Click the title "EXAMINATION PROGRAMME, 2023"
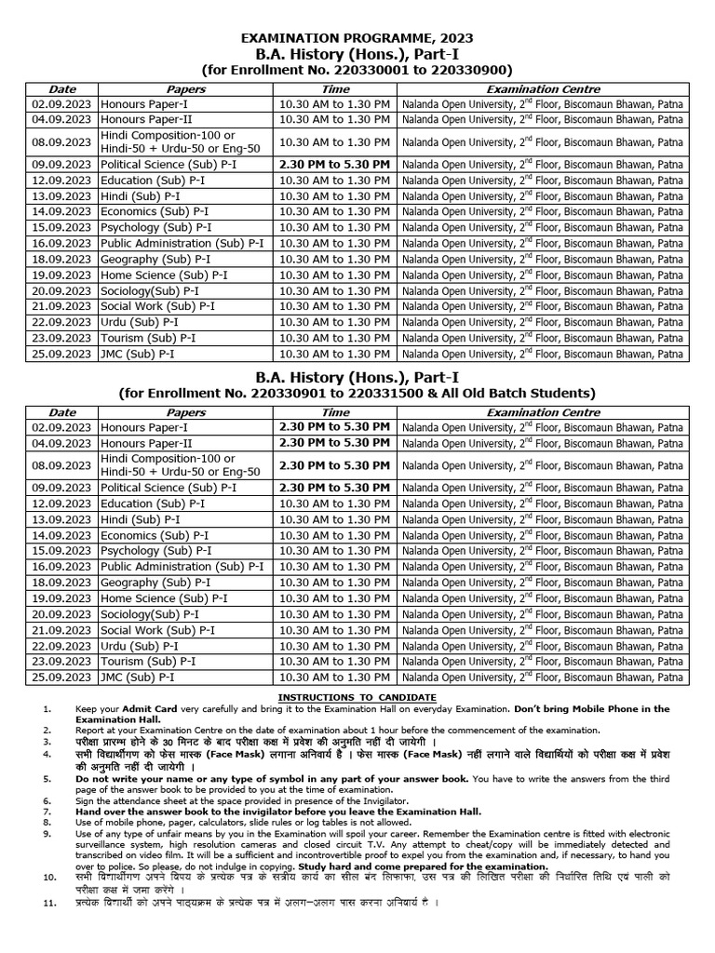pos(357,38)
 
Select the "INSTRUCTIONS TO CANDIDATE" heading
pos(357,698)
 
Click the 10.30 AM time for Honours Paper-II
pos(335,120)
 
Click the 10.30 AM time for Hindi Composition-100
pos(335,141)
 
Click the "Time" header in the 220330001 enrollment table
pos(335,88)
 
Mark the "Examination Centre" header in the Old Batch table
pos(544,411)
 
